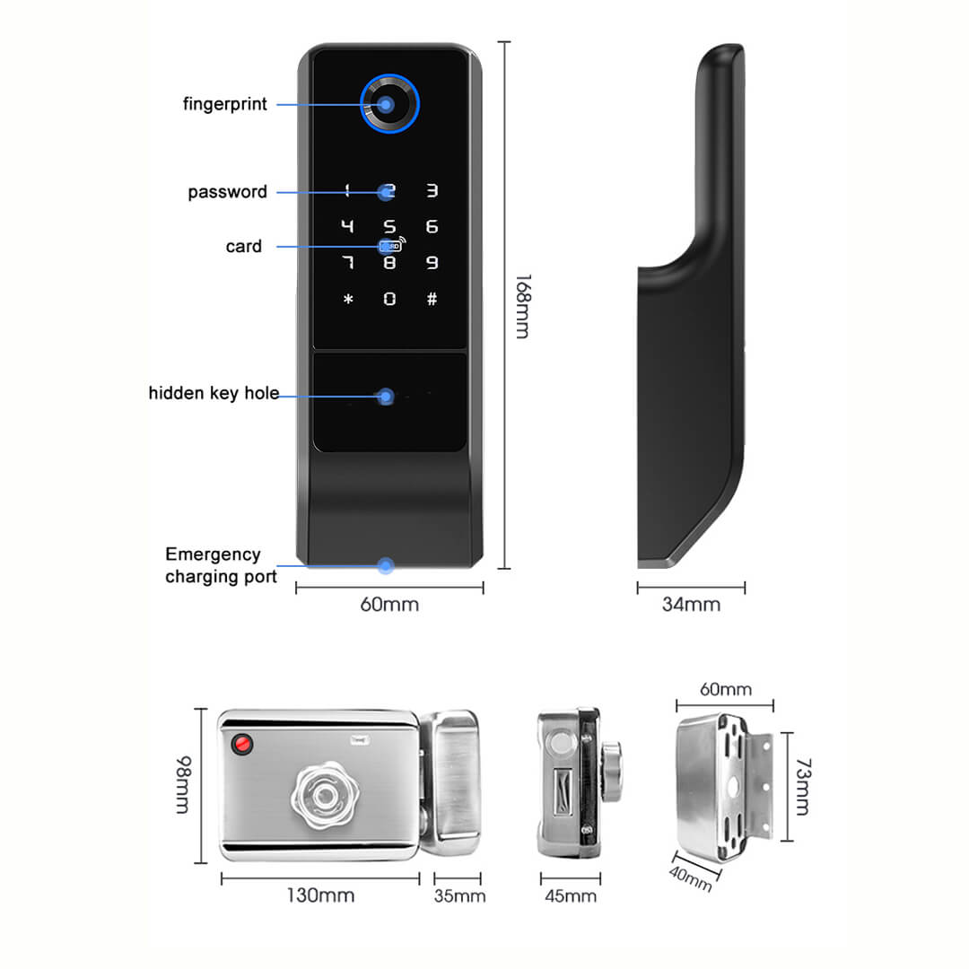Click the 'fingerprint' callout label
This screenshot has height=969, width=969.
point(225,104)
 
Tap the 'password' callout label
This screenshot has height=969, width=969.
point(227,192)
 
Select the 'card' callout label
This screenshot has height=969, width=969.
point(244,247)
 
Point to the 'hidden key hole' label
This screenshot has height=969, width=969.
point(214,393)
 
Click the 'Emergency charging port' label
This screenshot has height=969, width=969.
point(221,565)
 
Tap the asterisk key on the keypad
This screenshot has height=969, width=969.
point(348,299)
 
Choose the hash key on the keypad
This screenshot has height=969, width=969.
point(432,299)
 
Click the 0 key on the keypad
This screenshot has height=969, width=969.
point(389,299)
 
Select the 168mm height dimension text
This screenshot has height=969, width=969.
point(521,306)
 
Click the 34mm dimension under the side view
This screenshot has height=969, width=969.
point(691,605)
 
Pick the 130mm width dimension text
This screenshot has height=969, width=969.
point(320,895)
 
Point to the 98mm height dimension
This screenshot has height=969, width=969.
point(181,785)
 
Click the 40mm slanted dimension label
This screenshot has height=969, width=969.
point(691,879)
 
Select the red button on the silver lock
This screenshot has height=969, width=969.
point(242,744)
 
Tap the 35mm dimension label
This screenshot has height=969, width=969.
point(459,895)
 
